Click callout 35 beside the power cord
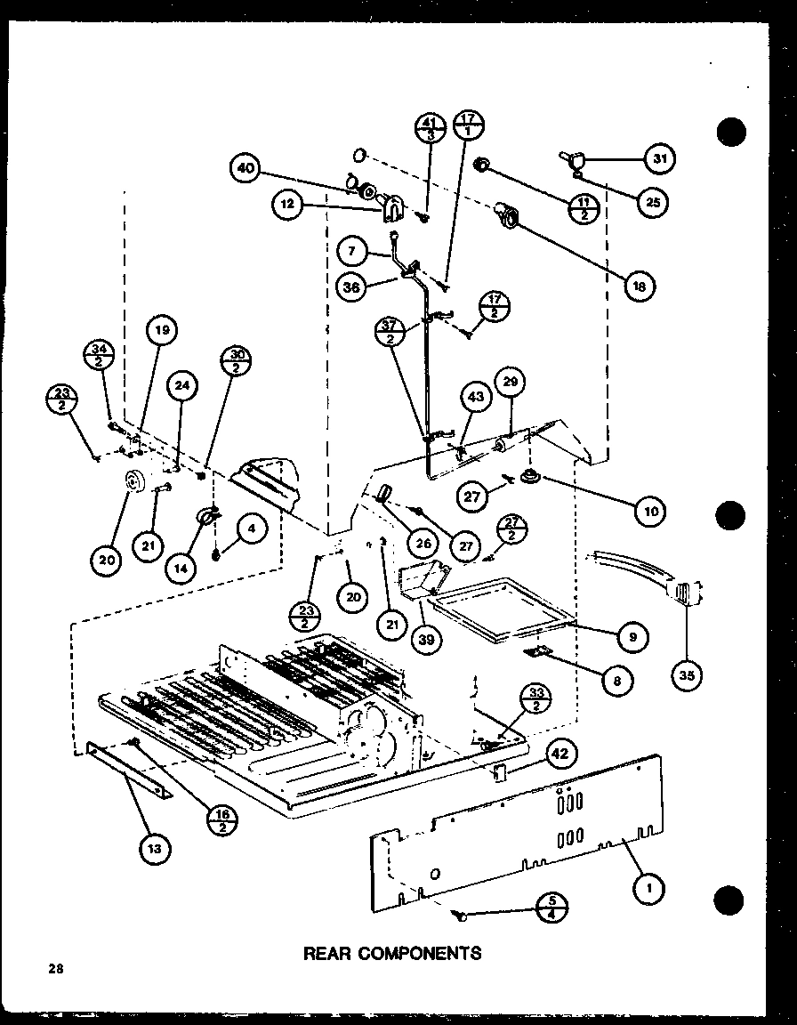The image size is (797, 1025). (x=688, y=674)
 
